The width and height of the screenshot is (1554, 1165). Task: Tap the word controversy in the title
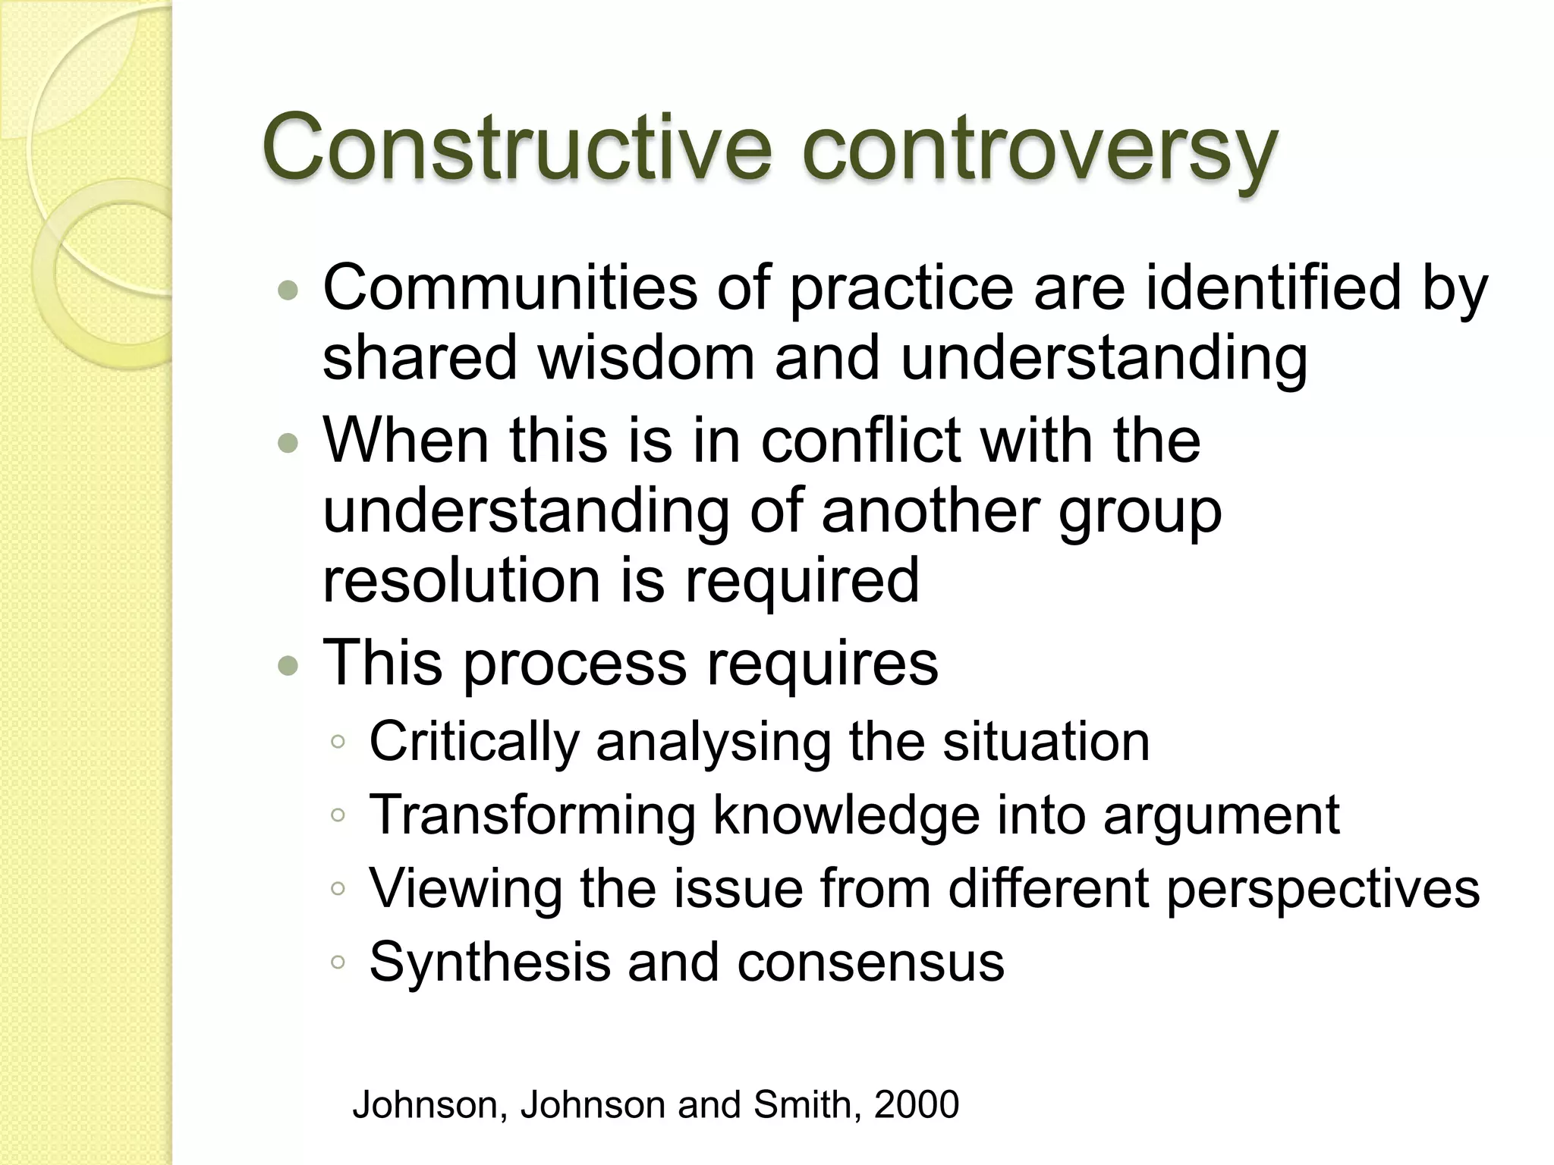[1040, 148]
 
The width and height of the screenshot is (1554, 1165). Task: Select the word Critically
[474, 741]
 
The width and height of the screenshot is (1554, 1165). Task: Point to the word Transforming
[532, 815]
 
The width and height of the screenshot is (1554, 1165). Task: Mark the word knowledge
[846, 816]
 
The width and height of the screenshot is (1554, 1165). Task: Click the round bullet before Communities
[288, 290]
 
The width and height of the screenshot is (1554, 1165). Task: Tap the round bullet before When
[288, 442]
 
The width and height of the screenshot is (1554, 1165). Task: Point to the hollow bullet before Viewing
[338, 888]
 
